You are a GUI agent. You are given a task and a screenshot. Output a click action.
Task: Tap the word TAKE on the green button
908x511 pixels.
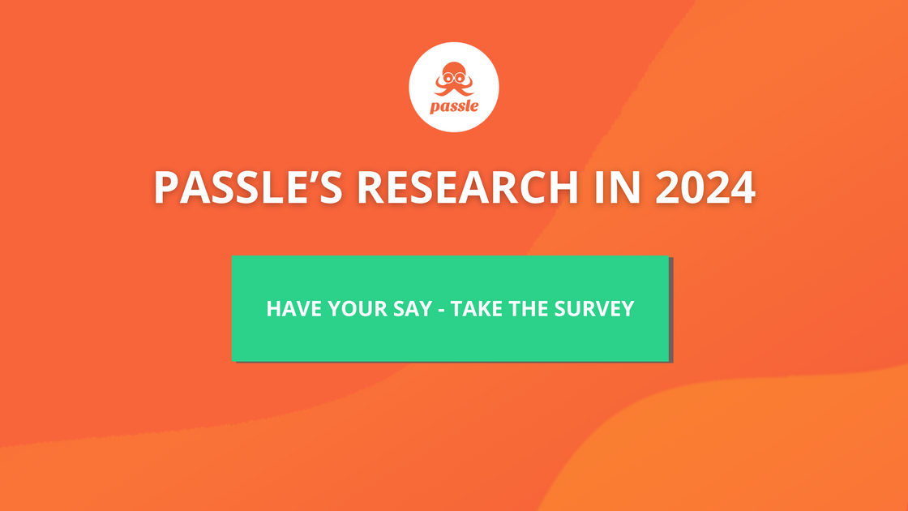476,309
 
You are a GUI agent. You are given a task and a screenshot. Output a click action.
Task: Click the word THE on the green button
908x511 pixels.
529,309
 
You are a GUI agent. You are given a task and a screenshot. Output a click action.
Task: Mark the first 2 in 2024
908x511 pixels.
668,187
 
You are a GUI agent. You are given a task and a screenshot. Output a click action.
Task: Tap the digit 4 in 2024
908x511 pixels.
743,187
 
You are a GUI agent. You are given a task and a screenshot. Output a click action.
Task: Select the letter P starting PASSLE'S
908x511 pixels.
165,187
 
